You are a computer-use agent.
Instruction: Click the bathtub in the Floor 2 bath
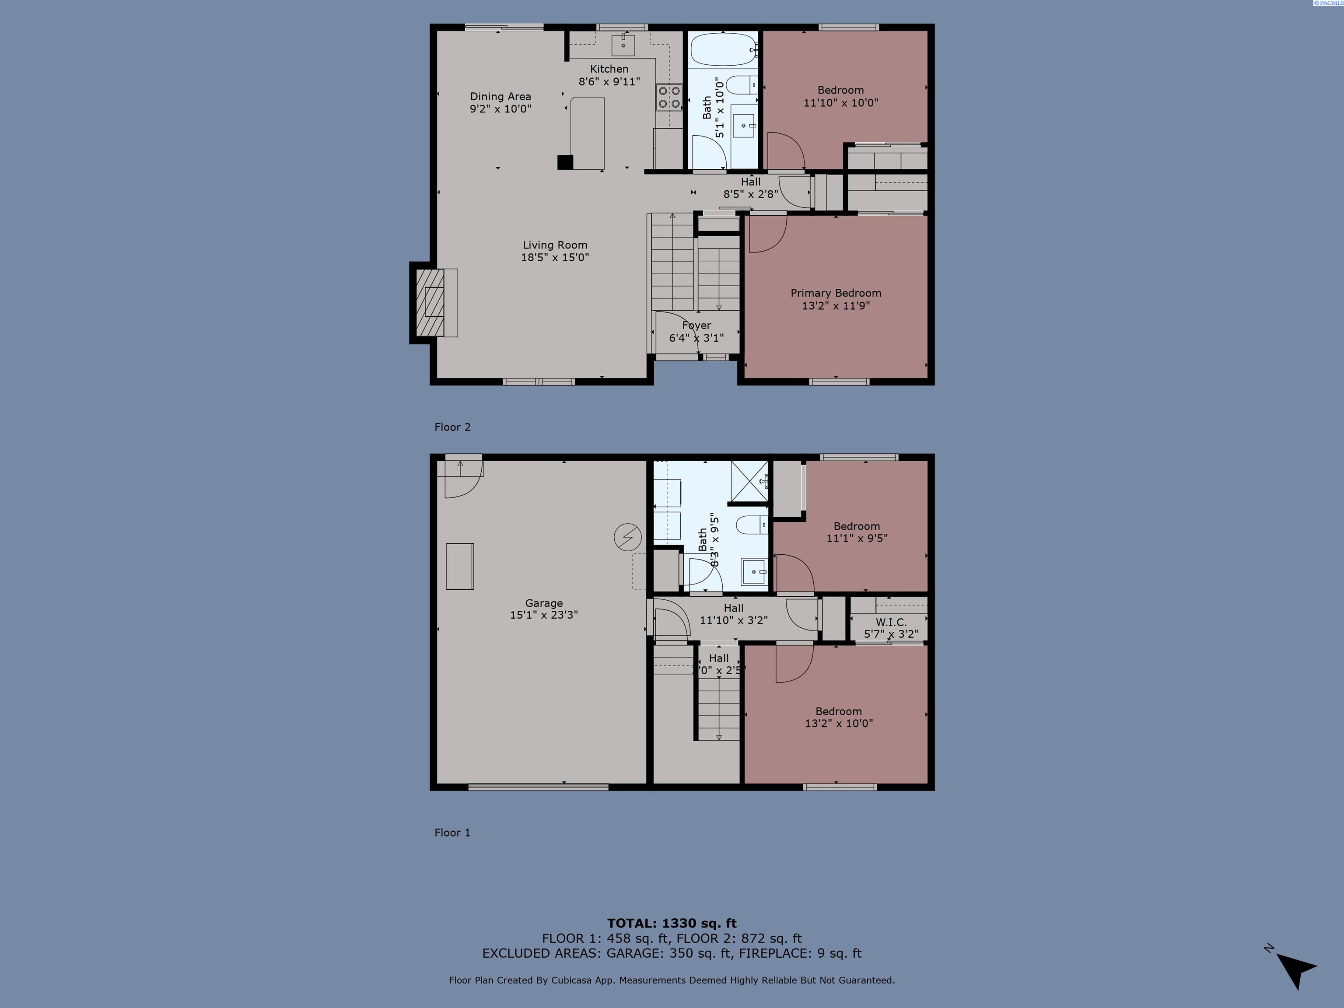tap(723, 50)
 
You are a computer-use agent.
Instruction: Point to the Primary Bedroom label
tap(836, 293)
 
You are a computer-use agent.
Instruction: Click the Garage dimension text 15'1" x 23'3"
tap(543, 615)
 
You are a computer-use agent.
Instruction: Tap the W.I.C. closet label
tap(891, 622)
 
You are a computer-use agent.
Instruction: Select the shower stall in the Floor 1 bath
tap(749, 481)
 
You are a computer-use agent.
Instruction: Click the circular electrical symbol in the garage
tap(628, 537)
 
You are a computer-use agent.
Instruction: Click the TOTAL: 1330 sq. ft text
tap(672, 924)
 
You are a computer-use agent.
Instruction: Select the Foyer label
tap(696, 325)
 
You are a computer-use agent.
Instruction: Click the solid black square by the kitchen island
tap(565, 162)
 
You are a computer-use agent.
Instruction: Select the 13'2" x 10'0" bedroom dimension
tap(839, 724)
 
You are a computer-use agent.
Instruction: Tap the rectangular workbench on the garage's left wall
tap(459, 566)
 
